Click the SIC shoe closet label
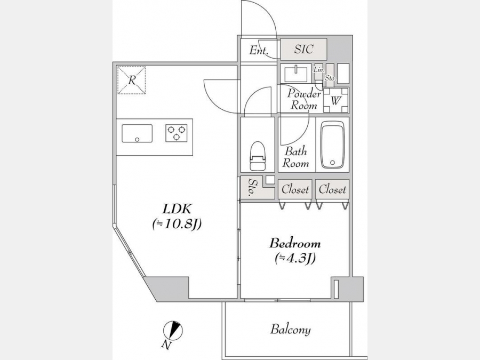click(303, 49)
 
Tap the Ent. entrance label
click(259, 50)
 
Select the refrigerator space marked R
click(132, 80)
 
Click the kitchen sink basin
click(137, 133)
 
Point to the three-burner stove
click(177, 133)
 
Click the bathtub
click(332, 145)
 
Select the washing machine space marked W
click(336, 100)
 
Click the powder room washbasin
click(296, 74)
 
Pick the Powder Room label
click(303, 99)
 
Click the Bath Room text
click(295, 157)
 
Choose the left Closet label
click(295, 189)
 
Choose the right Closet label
click(332, 189)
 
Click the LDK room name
click(177, 209)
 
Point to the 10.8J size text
click(177, 225)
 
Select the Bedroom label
click(295, 243)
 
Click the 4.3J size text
click(295, 258)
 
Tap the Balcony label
click(290, 330)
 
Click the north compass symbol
click(173, 331)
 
